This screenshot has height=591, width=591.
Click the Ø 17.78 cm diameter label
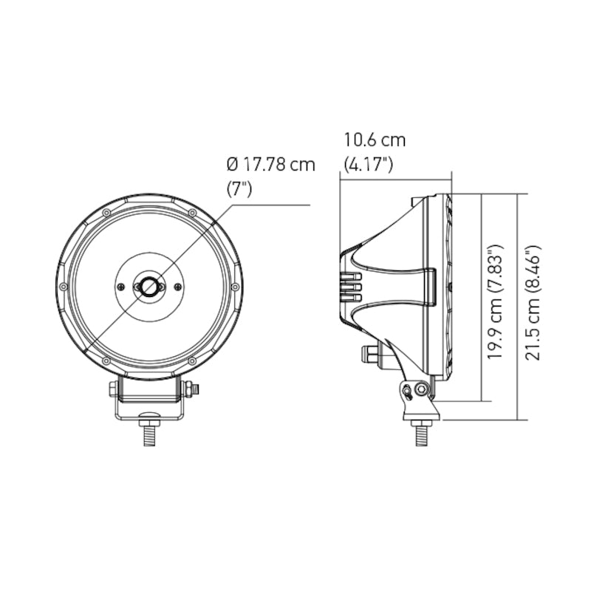270,164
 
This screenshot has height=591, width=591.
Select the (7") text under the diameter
239,188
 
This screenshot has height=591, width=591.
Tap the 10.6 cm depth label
375,140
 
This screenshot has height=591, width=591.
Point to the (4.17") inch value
368,164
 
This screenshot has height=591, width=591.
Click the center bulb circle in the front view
149,286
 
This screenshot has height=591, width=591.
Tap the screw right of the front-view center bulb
178,287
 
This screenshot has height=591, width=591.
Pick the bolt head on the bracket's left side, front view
112,389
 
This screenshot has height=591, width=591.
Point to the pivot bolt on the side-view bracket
421,389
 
